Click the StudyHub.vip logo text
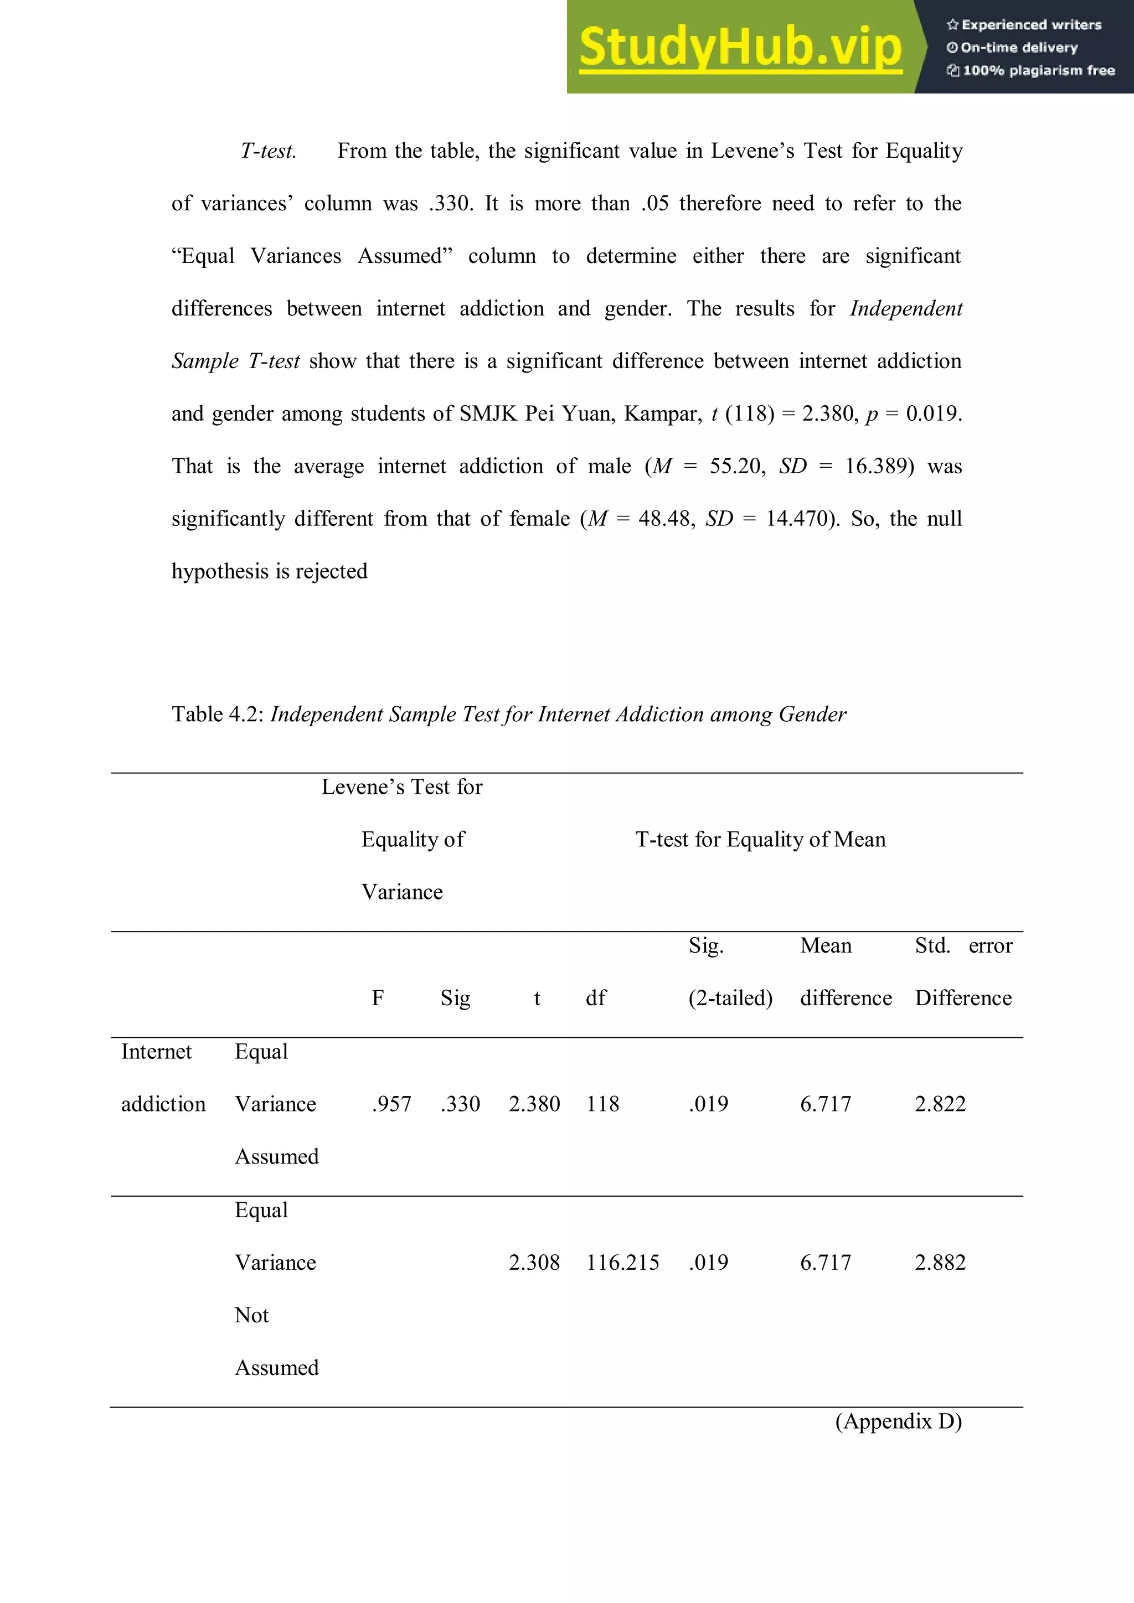(x=740, y=48)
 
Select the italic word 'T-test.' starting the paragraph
(x=268, y=151)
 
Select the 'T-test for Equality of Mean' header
(x=760, y=839)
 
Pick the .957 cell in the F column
(x=391, y=1104)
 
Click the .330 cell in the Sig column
(x=460, y=1104)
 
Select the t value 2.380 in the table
(x=534, y=1104)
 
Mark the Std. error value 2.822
(x=940, y=1104)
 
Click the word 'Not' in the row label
(x=251, y=1315)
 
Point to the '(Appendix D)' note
(x=898, y=1421)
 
